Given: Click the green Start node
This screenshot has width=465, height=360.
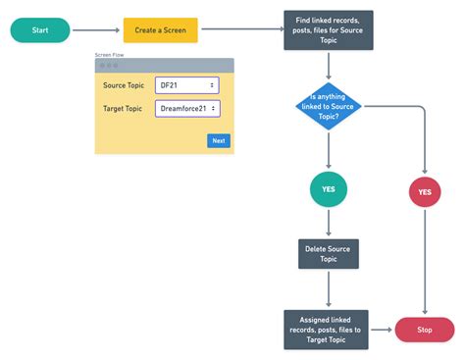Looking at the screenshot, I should pyautogui.click(x=40, y=30).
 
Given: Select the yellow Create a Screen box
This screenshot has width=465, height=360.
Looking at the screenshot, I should pyautogui.click(x=160, y=30).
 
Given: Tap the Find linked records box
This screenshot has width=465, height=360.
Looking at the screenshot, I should pyautogui.click(x=328, y=30).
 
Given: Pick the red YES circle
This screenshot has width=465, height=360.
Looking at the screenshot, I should pyautogui.click(x=424, y=192).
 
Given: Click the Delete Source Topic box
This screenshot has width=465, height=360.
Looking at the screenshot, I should pyautogui.click(x=328, y=254).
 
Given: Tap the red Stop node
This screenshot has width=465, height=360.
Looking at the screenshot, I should pyautogui.click(x=424, y=330).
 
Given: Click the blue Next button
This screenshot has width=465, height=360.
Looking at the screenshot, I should pyautogui.click(x=219, y=140).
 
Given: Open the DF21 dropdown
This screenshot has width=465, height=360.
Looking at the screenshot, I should pyautogui.click(x=187, y=86).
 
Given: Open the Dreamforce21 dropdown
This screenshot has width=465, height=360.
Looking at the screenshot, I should pyautogui.click(x=187, y=108).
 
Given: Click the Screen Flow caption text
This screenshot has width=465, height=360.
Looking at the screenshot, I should pyautogui.click(x=111, y=55).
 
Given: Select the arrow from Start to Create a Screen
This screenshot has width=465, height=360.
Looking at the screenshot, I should pyautogui.click(x=96, y=30).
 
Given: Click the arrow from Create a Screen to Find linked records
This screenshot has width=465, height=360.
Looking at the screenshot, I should pyautogui.click(x=239, y=30).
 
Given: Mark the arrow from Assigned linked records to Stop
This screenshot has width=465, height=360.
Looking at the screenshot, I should pyautogui.click(x=381, y=330).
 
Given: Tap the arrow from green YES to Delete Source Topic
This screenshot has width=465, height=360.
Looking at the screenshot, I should pyautogui.click(x=328, y=223).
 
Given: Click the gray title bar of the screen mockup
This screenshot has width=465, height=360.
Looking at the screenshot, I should pyautogui.click(x=164, y=66).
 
